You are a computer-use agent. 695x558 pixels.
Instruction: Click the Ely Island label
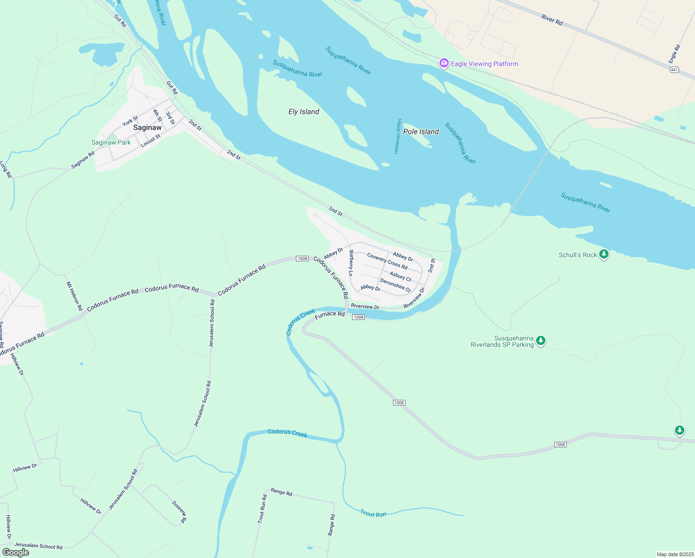click(304, 112)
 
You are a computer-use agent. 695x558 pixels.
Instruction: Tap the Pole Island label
click(421, 132)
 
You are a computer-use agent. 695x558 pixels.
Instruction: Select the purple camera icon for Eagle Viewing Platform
click(444, 63)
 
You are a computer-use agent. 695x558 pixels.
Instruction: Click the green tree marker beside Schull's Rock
click(604, 254)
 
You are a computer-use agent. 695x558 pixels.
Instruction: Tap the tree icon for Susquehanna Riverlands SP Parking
click(540, 340)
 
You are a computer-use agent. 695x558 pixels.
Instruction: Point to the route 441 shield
click(675, 70)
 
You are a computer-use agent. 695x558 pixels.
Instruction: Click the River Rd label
click(552, 20)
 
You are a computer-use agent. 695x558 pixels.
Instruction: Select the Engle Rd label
click(675, 54)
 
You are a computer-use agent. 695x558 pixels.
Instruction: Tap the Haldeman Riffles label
click(398, 136)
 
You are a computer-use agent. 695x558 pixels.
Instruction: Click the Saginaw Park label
click(111, 143)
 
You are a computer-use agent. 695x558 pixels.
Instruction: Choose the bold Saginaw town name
click(147, 127)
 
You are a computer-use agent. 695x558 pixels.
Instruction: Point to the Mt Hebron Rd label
click(74, 296)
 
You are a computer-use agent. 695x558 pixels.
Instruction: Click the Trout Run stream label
click(373, 514)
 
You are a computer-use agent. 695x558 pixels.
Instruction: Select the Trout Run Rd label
click(262, 509)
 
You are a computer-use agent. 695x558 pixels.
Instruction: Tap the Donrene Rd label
click(179, 512)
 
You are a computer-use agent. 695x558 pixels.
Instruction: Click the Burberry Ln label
click(351, 263)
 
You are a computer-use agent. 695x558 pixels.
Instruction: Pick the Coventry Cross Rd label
click(387, 261)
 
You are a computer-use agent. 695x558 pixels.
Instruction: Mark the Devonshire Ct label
click(395, 285)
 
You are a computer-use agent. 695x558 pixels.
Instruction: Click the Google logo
click(16, 552)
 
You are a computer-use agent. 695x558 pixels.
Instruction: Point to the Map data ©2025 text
click(674, 554)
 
